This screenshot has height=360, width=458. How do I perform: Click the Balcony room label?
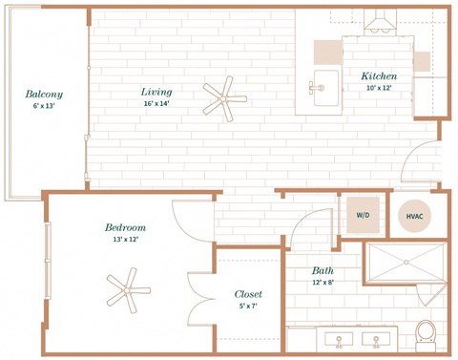click(44, 95)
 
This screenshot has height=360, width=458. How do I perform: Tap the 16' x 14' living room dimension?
click(156, 103)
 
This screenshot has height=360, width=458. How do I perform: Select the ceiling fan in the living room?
click(224, 99)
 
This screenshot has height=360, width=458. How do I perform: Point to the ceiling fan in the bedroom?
click(128, 290)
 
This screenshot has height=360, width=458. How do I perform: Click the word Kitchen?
click(379, 76)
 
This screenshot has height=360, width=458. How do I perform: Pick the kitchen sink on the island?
click(325, 88)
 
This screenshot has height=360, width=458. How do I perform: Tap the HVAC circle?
click(415, 216)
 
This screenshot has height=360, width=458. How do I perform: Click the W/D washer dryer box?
click(363, 215)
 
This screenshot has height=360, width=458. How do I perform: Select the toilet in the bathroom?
click(426, 336)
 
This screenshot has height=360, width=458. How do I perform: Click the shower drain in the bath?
click(406, 263)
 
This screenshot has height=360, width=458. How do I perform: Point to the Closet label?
click(248, 294)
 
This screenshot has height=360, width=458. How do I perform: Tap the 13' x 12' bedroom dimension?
click(126, 240)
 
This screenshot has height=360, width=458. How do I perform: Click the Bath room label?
click(323, 270)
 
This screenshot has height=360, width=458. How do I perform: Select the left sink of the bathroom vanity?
click(339, 340)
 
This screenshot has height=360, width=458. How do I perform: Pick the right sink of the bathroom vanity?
click(376, 340)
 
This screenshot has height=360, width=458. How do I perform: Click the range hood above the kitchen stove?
click(381, 20)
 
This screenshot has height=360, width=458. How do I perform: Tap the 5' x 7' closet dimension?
click(248, 307)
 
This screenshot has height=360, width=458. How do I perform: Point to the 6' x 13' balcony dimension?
click(44, 106)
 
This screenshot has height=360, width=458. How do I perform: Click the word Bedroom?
click(126, 227)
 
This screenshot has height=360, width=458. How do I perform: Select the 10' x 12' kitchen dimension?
click(379, 88)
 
